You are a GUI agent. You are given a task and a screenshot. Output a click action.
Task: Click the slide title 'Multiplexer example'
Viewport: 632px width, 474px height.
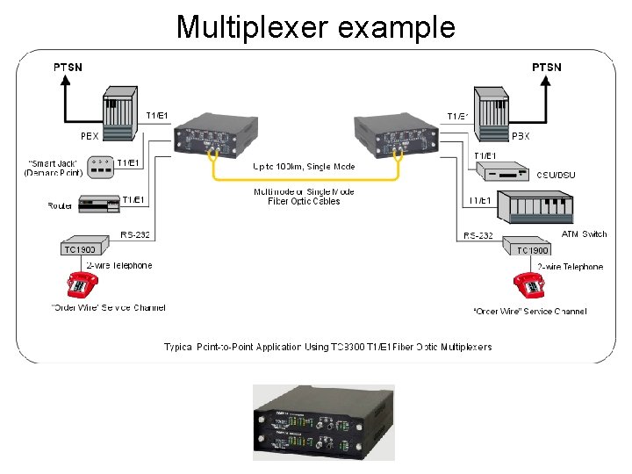coord(316,26)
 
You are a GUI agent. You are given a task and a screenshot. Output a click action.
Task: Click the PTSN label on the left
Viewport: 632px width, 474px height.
coord(68,67)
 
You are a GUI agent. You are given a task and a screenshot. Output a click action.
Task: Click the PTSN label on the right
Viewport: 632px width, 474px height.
coord(547,67)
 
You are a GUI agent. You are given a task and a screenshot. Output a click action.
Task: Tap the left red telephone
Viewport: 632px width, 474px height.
coord(81,285)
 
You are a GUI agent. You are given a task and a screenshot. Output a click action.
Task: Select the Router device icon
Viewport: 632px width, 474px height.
coord(98,205)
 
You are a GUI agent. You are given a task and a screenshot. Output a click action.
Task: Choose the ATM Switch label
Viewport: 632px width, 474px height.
coord(583,234)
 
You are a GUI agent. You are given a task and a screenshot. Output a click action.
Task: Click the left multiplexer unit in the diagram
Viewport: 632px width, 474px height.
coord(205,135)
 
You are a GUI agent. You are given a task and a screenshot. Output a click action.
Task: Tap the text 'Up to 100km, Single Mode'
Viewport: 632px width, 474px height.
coord(304,167)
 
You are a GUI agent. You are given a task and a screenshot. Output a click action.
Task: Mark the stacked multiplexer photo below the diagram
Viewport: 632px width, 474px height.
coord(323,422)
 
